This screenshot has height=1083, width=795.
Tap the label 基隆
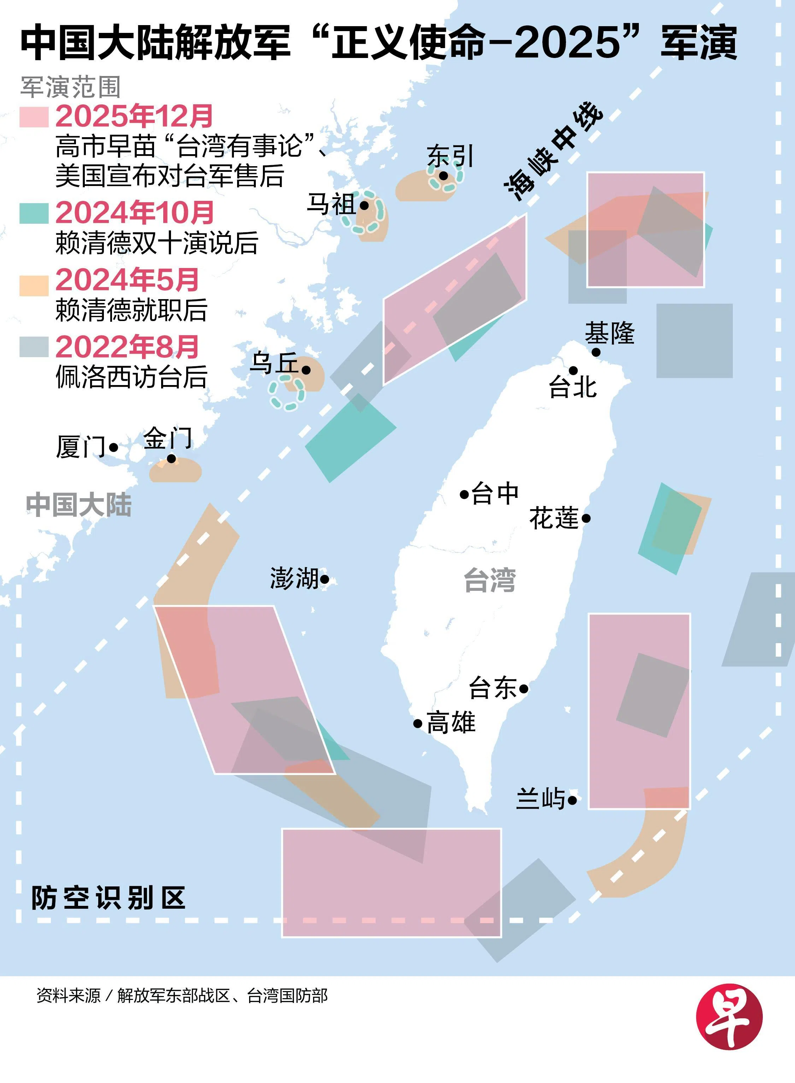(x=610, y=333)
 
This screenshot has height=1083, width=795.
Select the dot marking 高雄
(x=418, y=723)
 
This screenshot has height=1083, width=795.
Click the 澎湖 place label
(x=294, y=578)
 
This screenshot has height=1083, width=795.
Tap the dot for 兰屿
(x=572, y=800)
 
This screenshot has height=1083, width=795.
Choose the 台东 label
(x=493, y=688)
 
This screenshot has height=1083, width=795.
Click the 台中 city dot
(x=464, y=494)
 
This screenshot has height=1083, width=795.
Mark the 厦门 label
(x=80, y=447)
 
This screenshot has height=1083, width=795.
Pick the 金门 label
(x=168, y=438)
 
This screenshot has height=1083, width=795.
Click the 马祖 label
(x=331, y=204)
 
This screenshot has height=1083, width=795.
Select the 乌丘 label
(x=274, y=363)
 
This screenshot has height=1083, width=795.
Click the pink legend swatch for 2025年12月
(x=34, y=117)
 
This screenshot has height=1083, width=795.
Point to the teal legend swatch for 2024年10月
(x=34, y=213)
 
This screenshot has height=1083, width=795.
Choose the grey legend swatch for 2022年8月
(x=34, y=347)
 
